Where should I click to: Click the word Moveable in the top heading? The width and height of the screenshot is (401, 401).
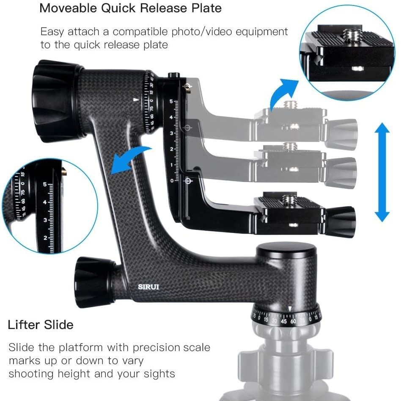(x=70, y=8)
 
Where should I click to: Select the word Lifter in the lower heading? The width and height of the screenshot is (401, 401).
(x=23, y=325)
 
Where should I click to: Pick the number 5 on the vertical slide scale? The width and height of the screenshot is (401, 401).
(x=171, y=102)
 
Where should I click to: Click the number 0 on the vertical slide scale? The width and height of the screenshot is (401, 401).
(x=172, y=181)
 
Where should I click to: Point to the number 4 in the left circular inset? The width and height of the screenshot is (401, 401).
(x=45, y=202)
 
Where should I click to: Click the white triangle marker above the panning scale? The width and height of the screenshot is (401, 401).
(x=289, y=309)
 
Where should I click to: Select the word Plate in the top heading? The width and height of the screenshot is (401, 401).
(x=206, y=8)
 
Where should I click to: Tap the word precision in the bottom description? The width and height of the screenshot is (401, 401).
(x=156, y=348)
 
